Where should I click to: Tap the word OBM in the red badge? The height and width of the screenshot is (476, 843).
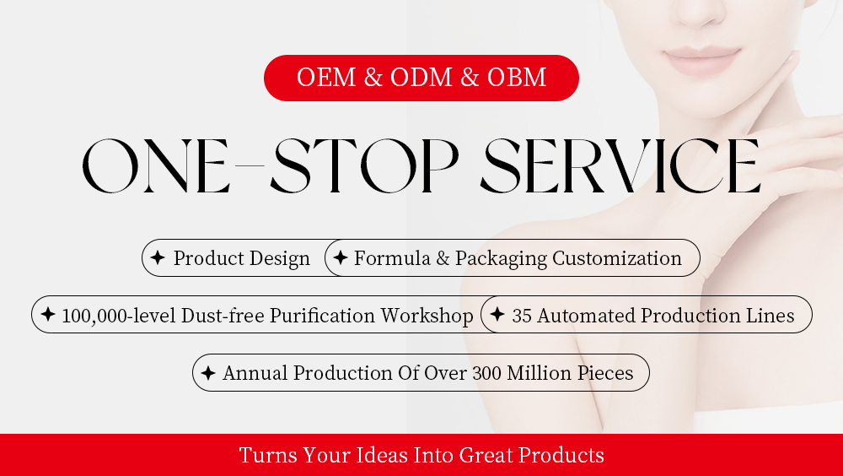click(x=517, y=78)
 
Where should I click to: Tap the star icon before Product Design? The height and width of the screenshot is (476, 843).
click(x=158, y=258)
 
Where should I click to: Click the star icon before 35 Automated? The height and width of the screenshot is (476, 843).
click(x=497, y=315)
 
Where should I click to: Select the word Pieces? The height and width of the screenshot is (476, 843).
click(x=604, y=373)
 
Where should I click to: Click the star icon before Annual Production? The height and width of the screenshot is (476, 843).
click(x=208, y=373)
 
